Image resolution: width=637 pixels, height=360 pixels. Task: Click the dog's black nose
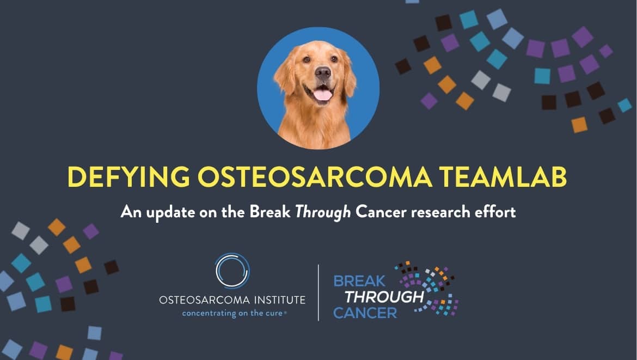pyautogui.click(x=323, y=73)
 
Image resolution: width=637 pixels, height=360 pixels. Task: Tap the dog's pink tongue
pyautogui.click(x=322, y=95)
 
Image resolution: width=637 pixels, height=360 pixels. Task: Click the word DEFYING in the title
pyautogui.click(x=129, y=177)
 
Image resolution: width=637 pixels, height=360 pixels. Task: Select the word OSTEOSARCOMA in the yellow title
pyautogui.click(x=315, y=177)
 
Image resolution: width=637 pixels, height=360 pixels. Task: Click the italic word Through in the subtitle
pyautogui.click(x=323, y=212)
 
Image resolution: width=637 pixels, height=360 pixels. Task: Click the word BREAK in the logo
pyautogui.click(x=359, y=281)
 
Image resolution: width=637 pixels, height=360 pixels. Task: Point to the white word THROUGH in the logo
pyautogui.click(x=384, y=297)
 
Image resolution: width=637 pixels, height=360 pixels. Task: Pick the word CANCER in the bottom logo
pyautogui.click(x=365, y=313)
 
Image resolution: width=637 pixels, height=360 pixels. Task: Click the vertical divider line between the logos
pyautogui.click(x=318, y=292)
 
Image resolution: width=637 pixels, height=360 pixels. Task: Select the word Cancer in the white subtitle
pyautogui.click(x=381, y=212)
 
